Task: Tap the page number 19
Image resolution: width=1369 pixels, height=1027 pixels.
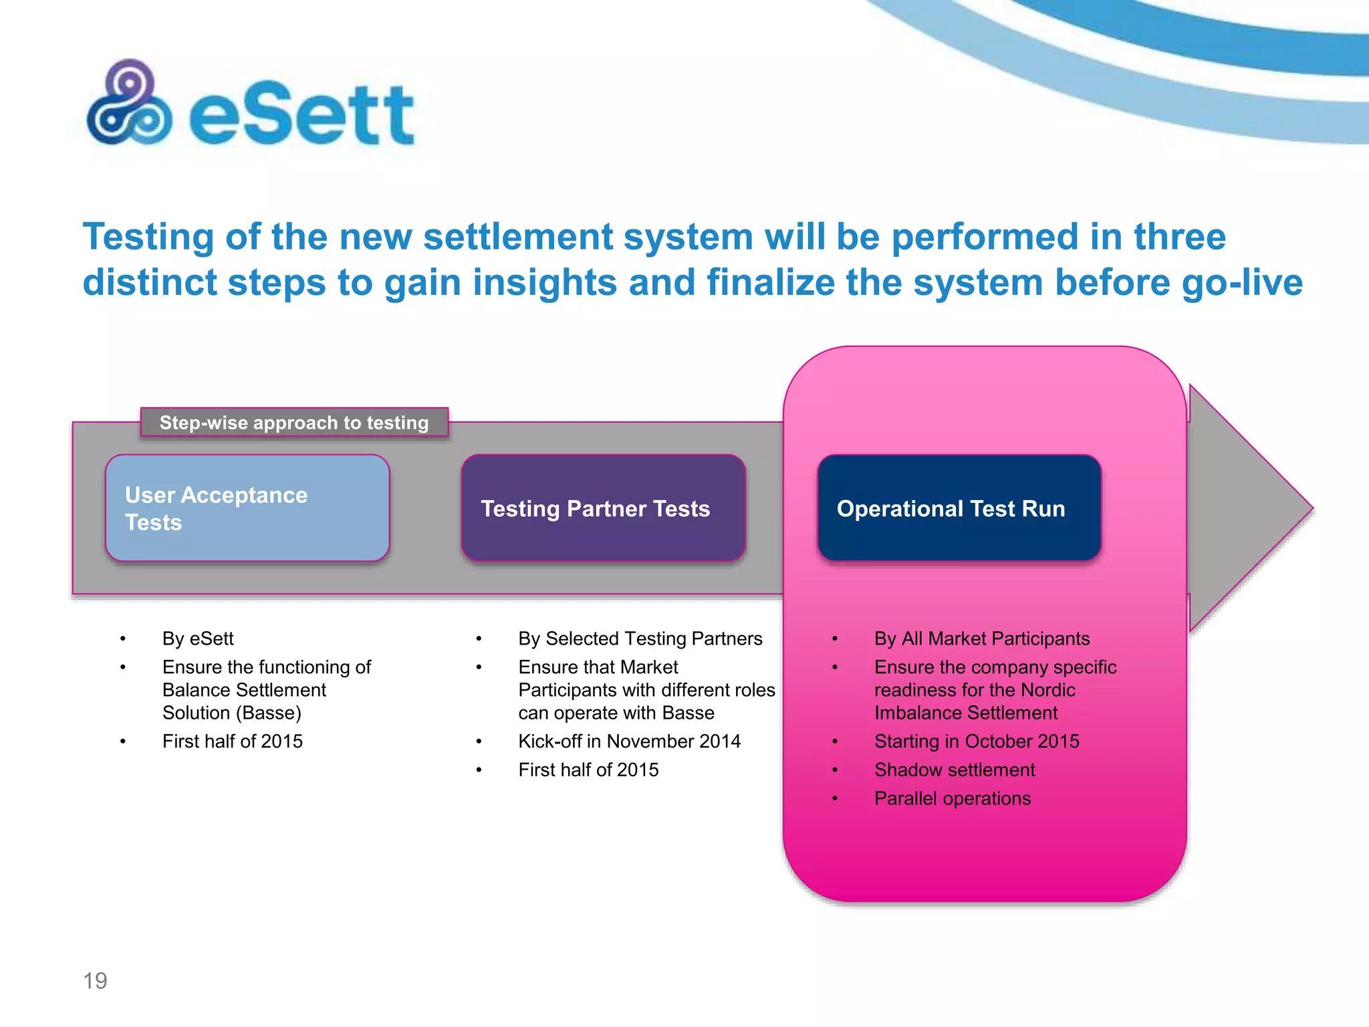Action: point(95,980)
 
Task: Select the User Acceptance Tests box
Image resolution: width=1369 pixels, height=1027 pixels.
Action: point(247,508)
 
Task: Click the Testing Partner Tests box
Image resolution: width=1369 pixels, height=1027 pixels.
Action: point(603,508)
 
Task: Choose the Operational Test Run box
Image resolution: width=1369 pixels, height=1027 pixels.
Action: point(959,508)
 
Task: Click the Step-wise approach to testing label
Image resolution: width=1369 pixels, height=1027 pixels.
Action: point(294,423)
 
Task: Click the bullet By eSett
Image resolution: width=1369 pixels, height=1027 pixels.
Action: point(198,639)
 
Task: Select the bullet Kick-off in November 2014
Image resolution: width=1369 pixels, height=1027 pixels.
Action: point(629,741)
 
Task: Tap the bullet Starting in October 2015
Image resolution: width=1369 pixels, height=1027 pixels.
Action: point(977,741)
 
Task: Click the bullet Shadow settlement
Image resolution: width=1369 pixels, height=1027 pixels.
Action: point(955,770)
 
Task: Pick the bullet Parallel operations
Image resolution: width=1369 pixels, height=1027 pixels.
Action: point(953,798)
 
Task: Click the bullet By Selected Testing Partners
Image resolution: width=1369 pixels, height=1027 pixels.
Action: point(640,639)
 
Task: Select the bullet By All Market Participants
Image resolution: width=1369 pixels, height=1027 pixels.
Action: point(982,639)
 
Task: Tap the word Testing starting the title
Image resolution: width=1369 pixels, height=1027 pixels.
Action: point(148,237)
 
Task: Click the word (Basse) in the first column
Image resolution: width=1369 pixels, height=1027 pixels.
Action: point(269,713)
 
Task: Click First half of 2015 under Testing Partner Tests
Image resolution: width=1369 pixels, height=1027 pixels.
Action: point(588,770)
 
